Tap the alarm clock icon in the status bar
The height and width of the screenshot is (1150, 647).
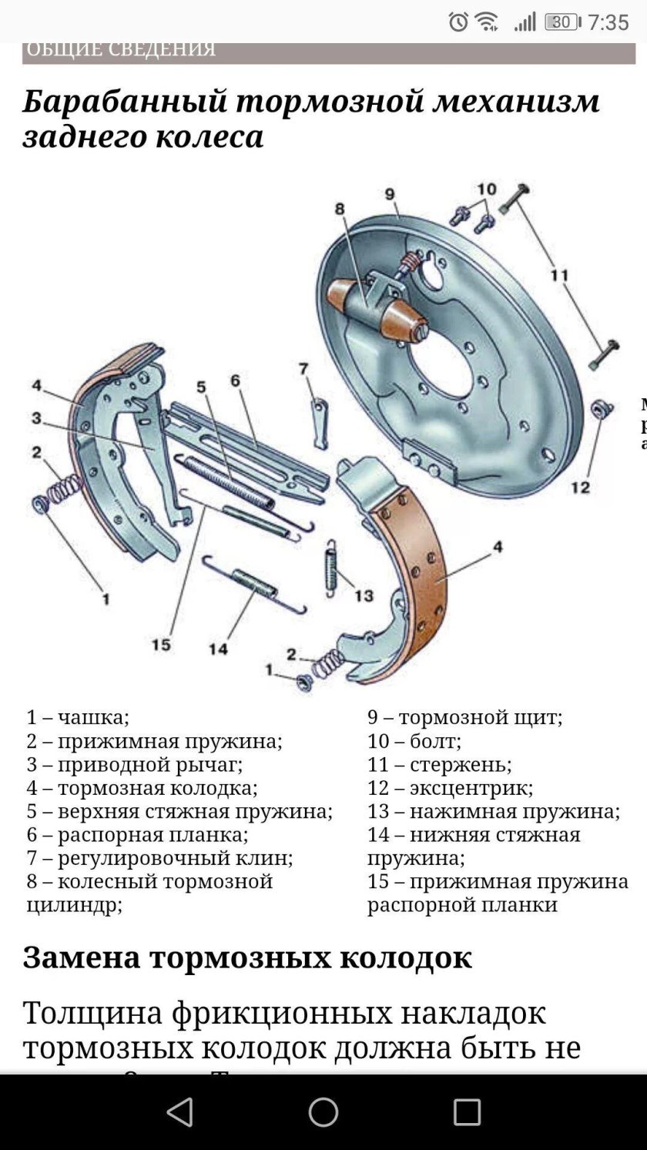coord(458,22)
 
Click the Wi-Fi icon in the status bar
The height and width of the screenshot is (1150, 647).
coord(487,22)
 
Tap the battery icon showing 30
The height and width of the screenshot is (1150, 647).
coord(562,22)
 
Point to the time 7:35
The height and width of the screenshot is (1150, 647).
coord(608,22)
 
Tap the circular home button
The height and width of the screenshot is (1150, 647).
coord(323,1112)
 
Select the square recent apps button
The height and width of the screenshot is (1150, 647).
coord(467,1112)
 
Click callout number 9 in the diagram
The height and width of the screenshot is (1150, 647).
coord(390,194)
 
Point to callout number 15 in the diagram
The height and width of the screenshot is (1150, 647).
coord(161,643)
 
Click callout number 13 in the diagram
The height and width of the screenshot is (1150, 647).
coord(364,595)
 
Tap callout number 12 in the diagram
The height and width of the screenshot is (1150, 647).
coord(580,487)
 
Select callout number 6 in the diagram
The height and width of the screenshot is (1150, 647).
coord(235,381)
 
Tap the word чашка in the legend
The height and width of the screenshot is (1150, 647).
coord(93,718)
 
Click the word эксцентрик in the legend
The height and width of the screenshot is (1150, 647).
coord(471,788)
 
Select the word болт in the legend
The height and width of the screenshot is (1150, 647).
coord(435,742)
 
